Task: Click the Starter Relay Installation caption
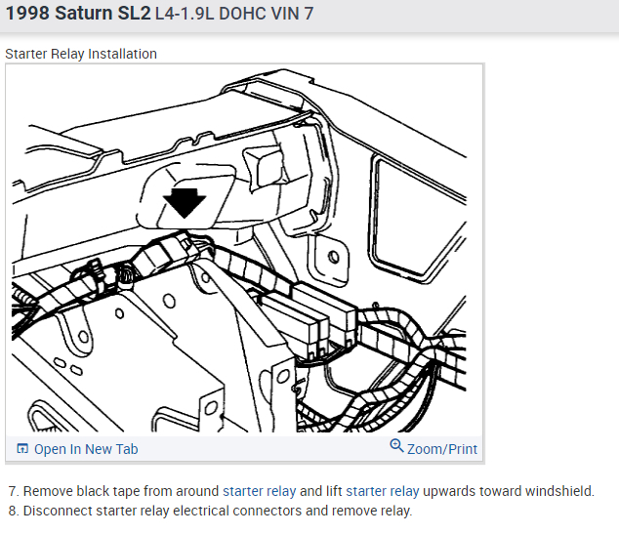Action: pos(81,54)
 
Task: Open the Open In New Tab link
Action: pos(86,449)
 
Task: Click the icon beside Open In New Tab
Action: pos(22,449)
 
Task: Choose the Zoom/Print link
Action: pos(442,449)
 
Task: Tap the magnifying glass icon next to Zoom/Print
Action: pos(396,447)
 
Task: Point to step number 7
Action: pos(12,491)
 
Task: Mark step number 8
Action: pos(12,511)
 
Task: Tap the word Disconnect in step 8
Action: pos(54,511)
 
